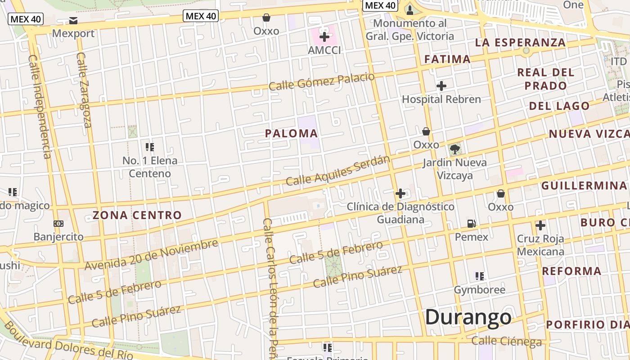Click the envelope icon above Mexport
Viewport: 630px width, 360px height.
73,21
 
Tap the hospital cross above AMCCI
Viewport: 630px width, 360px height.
324,37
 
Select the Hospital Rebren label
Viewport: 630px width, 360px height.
441,99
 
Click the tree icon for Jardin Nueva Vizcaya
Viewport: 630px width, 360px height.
454,149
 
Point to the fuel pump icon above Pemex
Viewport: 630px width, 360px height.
471,223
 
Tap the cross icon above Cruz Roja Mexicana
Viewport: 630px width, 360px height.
540,225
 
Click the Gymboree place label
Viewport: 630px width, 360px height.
479,289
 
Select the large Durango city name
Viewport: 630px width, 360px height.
468,317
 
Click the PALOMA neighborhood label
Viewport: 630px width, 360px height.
291,134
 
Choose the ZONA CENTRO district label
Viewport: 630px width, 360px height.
137,215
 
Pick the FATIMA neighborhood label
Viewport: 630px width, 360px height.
447,59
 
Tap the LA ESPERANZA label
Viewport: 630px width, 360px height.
520,43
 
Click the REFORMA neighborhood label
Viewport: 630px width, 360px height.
571,271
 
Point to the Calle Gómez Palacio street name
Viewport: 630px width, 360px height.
321,81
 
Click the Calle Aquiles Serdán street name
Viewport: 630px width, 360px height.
338,171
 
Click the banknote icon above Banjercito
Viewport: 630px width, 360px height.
58,223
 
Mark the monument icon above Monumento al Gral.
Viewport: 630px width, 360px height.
409,10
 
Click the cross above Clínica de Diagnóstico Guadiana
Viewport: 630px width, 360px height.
400,193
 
